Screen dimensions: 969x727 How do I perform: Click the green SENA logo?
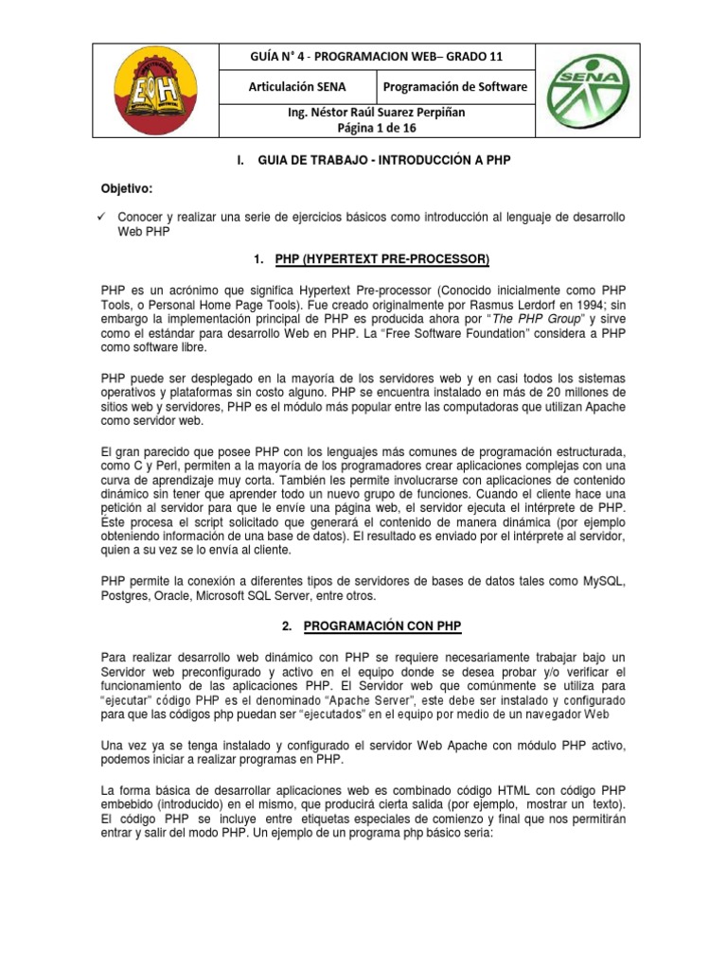614,90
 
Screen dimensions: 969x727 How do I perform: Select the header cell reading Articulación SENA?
297,87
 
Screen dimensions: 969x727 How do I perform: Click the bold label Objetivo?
127,188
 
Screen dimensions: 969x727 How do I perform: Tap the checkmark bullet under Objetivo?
105,218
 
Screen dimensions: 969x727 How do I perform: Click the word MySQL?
600,579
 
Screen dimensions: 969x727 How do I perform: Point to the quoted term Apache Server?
371,699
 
